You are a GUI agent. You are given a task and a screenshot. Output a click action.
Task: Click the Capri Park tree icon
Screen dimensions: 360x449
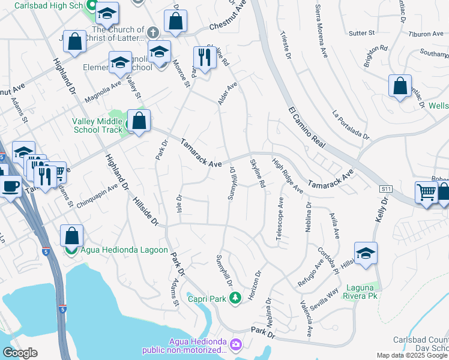pos(236,297)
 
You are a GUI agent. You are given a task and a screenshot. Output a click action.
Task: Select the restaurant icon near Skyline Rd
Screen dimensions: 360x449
pos(204,59)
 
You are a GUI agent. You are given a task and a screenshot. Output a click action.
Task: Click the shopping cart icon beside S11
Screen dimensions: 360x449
pos(426,193)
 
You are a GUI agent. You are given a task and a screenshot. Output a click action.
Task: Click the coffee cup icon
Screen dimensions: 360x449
pos(10,186)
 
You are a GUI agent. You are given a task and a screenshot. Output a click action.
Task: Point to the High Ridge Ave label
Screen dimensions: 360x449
pos(288,176)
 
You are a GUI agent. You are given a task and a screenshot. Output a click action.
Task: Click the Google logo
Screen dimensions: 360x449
pos(19,353)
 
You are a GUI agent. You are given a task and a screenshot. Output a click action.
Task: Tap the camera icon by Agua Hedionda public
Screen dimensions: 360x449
pos(235,344)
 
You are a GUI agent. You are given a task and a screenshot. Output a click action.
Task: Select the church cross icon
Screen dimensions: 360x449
pos(153,31)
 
